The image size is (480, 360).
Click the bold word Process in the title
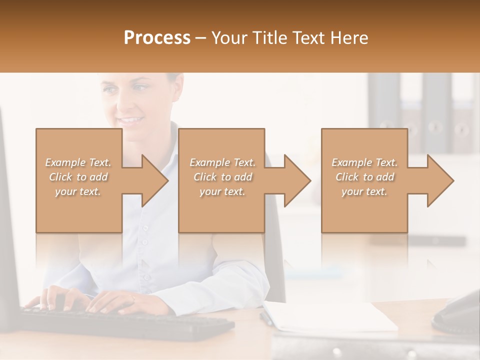157,38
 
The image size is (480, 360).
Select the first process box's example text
78,177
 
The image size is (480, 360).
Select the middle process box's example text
222,177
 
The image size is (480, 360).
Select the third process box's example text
364,177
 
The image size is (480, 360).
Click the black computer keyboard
125,322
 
